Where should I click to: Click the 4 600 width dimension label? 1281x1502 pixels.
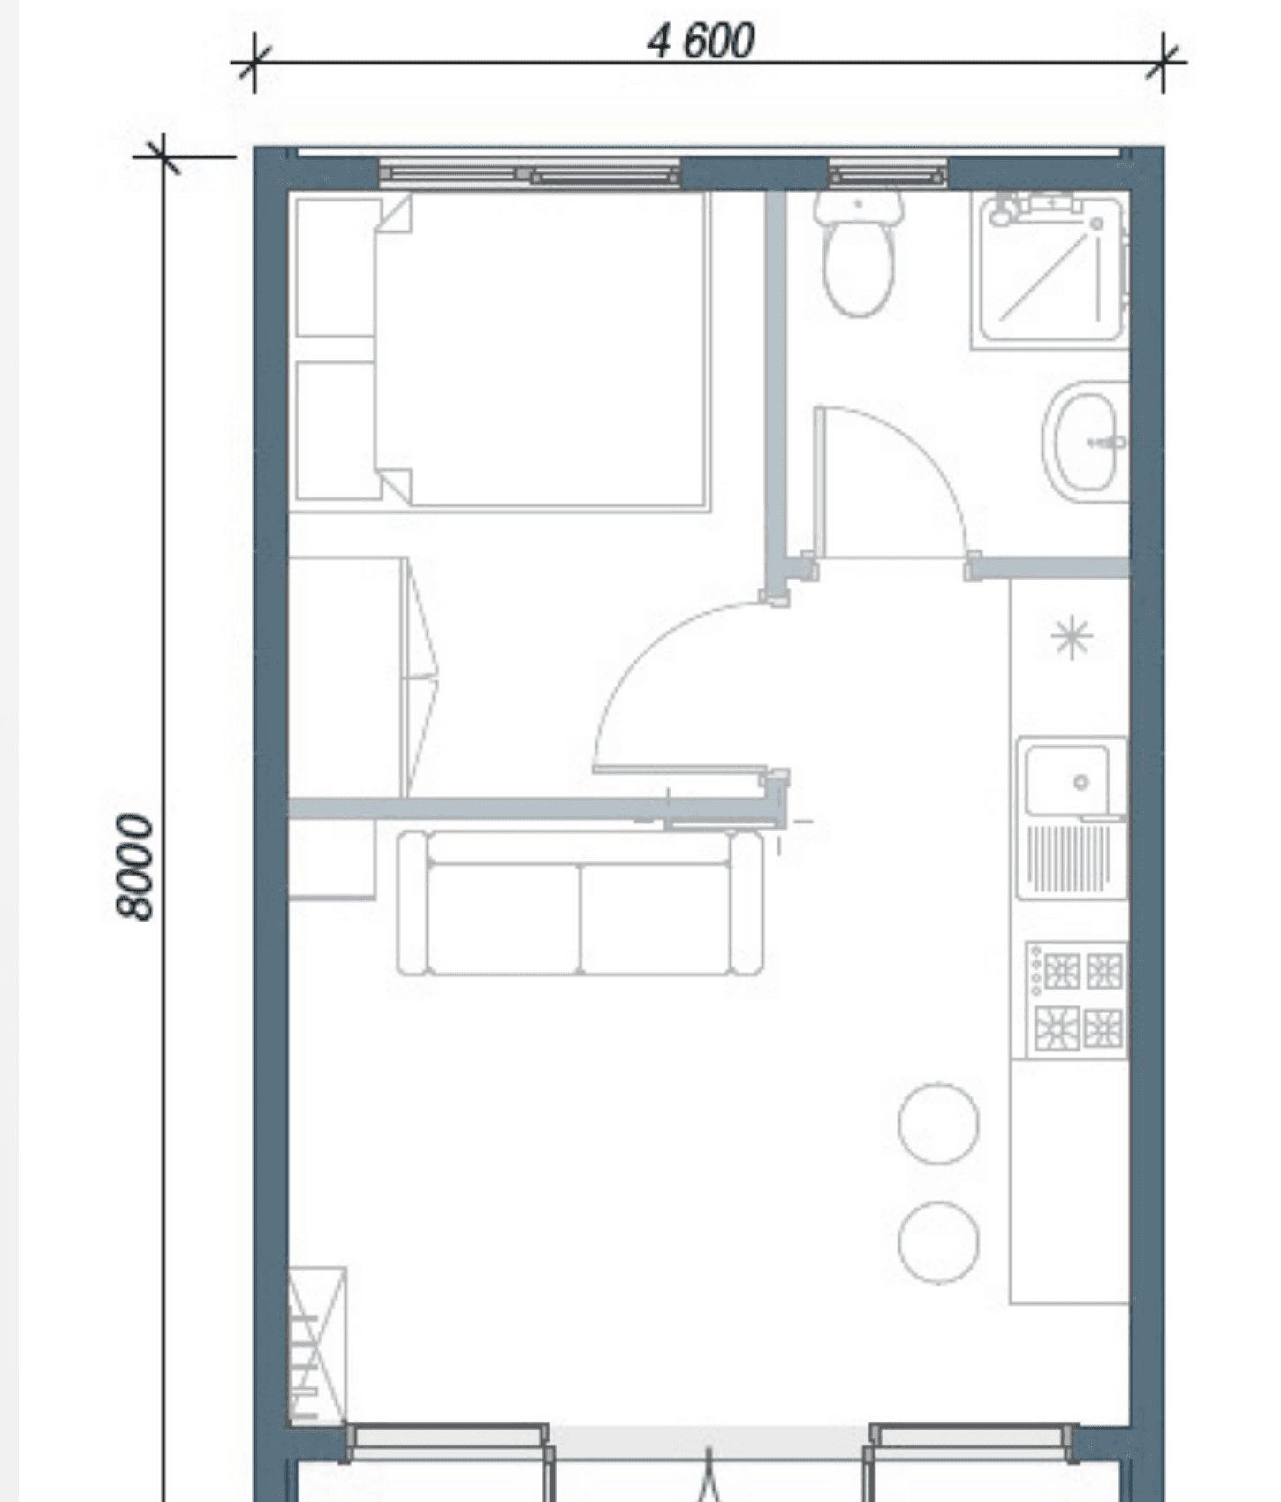(701, 41)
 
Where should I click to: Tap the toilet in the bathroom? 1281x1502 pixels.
(858, 254)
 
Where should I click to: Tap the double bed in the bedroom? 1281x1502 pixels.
(542, 351)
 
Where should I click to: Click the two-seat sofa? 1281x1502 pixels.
(580, 902)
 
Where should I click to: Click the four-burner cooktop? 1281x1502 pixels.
(1075, 999)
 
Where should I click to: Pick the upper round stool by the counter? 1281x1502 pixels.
(938, 1123)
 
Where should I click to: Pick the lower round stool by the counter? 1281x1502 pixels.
(938, 1241)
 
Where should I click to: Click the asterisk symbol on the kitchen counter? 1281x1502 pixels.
(1072, 637)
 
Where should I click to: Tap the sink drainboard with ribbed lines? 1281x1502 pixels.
(1070, 857)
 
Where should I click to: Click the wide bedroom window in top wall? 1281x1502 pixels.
(530, 173)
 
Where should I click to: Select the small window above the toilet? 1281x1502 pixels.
(887, 173)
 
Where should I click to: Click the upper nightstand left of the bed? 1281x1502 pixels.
(337, 267)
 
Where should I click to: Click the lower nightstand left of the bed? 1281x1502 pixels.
(337, 430)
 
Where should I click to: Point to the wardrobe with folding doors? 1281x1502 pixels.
(362, 677)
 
